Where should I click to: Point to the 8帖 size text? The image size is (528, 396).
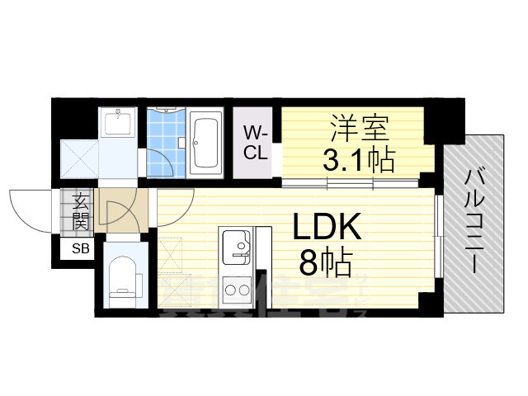(x=324, y=264)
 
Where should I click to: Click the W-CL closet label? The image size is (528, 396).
(x=252, y=141)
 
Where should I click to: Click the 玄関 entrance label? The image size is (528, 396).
(x=81, y=210)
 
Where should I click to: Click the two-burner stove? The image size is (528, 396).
(x=236, y=291)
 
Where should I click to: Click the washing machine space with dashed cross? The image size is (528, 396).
(x=80, y=160)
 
